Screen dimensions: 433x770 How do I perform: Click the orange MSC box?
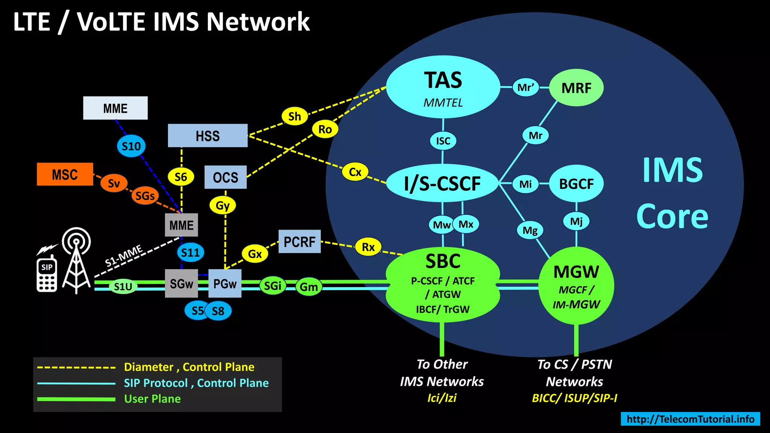click(x=65, y=174)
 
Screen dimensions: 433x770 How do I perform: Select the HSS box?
click(x=208, y=136)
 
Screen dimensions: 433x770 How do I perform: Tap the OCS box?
click(x=225, y=177)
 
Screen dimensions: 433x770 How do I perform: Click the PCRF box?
click(x=299, y=242)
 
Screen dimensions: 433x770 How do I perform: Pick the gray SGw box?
click(x=181, y=284)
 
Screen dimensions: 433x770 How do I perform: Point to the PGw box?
click(x=225, y=284)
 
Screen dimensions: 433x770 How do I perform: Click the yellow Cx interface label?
click(x=355, y=172)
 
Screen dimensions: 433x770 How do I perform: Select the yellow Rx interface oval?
click(x=368, y=247)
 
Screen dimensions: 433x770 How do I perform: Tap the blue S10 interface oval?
click(x=131, y=146)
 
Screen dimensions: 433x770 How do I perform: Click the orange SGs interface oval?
click(x=145, y=196)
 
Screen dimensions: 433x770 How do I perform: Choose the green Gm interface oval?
click(x=309, y=287)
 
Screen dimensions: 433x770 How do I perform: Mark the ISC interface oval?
click(x=443, y=141)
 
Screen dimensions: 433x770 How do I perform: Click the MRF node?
click(x=576, y=88)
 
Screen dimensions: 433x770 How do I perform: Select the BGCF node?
click(x=576, y=184)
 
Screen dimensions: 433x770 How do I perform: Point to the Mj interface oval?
click(x=576, y=221)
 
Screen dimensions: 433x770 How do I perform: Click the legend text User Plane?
click(x=152, y=399)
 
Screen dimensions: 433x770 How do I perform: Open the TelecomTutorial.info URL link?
click(x=690, y=419)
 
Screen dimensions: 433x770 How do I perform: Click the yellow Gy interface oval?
click(x=223, y=206)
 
